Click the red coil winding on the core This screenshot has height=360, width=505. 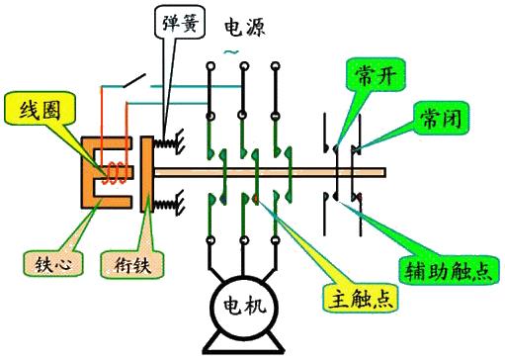pyautogui.click(x=117, y=175)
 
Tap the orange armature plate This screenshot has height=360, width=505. pyautogui.click(x=142, y=175)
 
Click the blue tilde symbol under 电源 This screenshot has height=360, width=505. pyautogui.click(x=231, y=49)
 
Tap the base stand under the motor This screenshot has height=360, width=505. pyautogui.click(x=240, y=345)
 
